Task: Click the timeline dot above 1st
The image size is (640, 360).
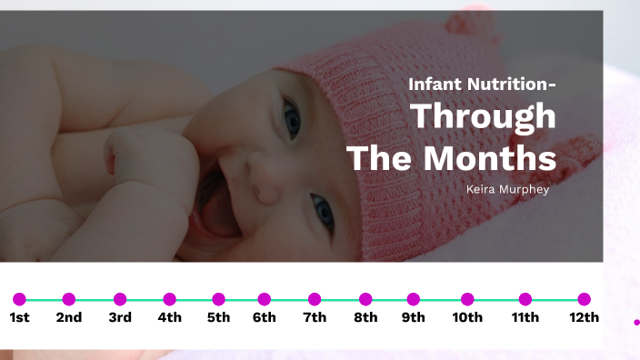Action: (x=20, y=299)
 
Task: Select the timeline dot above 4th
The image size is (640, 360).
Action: (x=169, y=299)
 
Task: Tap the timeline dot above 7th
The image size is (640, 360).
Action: (x=315, y=299)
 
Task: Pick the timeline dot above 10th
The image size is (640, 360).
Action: (x=467, y=299)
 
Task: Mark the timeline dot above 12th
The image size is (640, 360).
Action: (x=585, y=299)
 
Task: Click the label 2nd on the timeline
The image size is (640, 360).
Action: (x=69, y=317)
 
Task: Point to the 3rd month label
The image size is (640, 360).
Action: (x=120, y=317)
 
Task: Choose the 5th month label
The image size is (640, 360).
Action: (x=218, y=317)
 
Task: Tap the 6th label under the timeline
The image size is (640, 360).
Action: (x=265, y=317)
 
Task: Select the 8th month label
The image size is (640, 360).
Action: (x=365, y=317)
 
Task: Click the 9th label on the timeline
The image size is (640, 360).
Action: (x=414, y=317)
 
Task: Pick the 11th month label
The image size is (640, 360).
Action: (x=525, y=317)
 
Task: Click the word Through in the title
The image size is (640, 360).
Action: (x=484, y=117)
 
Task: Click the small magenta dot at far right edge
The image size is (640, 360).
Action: (x=636, y=322)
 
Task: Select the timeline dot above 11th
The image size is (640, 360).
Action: (x=525, y=299)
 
